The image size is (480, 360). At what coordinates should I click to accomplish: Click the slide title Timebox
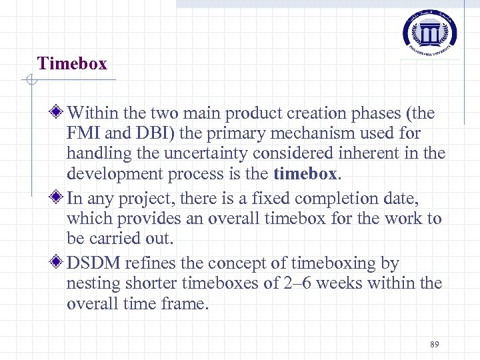click(72, 64)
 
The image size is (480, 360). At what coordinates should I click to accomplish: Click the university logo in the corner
click(430, 33)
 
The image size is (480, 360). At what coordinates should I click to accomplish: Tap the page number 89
click(435, 344)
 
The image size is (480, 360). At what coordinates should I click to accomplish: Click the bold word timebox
click(306, 174)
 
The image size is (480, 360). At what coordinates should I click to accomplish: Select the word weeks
click(339, 283)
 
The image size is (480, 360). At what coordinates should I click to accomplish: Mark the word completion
click(337, 198)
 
